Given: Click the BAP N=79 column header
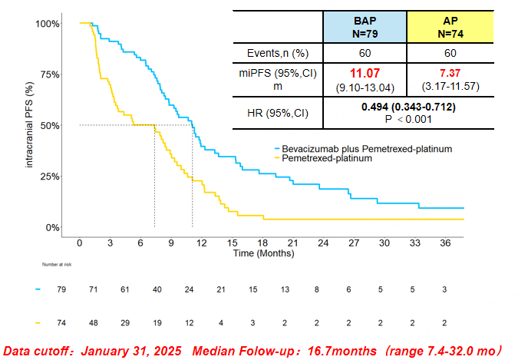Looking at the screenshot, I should coord(365,28).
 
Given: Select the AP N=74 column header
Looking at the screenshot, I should coord(450,28).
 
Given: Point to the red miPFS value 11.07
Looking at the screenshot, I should coord(365,72).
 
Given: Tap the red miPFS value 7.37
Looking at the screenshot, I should coord(450,72).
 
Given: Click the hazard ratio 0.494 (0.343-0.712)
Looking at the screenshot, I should coord(408,105).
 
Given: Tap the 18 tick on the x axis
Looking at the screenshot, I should coord(262,243).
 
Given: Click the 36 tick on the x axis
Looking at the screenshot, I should coord(446,243).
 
